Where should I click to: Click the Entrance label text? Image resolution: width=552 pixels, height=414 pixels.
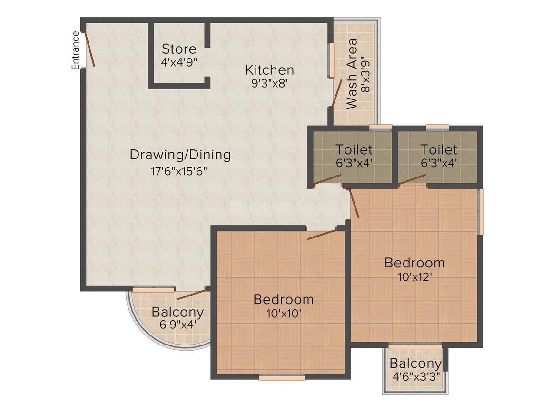[x=75, y=50]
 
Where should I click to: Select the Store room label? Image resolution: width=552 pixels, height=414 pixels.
[x=179, y=49]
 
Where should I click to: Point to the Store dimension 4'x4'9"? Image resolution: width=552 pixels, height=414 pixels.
[x=179, y=61]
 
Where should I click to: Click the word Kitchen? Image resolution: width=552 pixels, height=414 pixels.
[x=269, y=70]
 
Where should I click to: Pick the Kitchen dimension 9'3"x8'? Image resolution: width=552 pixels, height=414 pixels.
[x=269, y=82]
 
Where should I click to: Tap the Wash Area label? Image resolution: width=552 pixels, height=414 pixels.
[x=352, y=74]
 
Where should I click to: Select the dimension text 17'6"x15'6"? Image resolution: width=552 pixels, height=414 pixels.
[x=179, y=170]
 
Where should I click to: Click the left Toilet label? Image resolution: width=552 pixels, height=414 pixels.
[x=354, y=150]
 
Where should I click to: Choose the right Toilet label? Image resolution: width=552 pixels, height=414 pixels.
[x=438, y=150]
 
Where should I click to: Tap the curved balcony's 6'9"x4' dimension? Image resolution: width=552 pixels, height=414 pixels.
[x=177, y=325]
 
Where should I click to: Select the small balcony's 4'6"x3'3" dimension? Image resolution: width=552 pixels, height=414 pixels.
[x=415, y=375]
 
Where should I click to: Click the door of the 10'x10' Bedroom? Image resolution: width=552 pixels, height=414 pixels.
[x=322, y=234]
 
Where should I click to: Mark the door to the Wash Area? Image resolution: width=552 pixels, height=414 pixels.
[x=337, y=93]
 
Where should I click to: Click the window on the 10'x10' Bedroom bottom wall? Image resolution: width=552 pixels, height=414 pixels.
[x=282, y=377]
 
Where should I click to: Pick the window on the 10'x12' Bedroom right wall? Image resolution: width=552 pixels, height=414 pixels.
[x=481, y=211]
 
